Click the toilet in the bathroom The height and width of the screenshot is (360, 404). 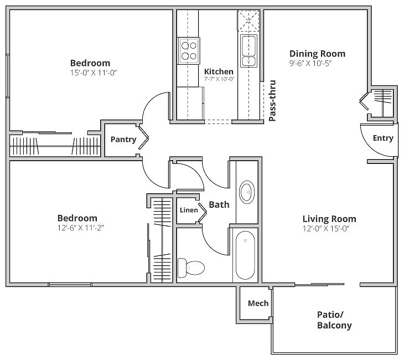click(191, 268)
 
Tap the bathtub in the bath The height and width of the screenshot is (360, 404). click(245, 255)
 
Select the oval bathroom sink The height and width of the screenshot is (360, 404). click(247, 192)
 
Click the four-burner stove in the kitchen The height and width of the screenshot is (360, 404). click(189, 51)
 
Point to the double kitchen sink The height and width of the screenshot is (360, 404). click(248, 51)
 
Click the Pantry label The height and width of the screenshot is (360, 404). click(123, 140)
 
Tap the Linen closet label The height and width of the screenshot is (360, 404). click(189, 210)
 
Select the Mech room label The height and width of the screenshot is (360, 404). click(258, 304)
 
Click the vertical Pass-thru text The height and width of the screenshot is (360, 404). click(272, 101)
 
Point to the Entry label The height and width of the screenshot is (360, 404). click(383, 138)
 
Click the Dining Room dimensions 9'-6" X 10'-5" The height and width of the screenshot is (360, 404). click(310, 64)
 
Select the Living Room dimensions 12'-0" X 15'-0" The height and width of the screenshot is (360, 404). click(326, 229)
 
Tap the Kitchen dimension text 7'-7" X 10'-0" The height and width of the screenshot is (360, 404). click(219, 79)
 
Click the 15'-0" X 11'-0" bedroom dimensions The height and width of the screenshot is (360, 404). click(94, 73)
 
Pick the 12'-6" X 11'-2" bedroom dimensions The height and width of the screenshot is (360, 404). click(80, 228)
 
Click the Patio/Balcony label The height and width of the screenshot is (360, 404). click(334, 320)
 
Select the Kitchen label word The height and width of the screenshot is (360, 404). click(219, 71)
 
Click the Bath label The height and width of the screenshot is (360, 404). click(219, 205)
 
